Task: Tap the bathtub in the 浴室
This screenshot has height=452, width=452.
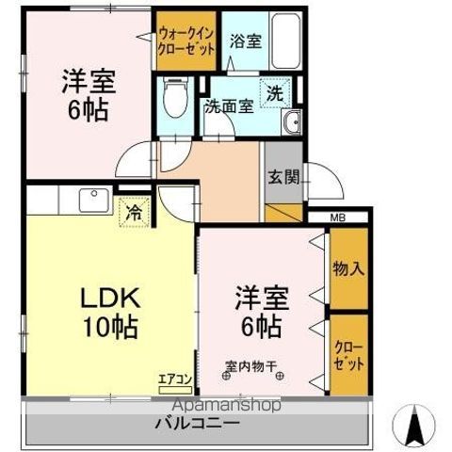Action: (280, 42)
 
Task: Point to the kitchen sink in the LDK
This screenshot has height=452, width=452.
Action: (93, 201)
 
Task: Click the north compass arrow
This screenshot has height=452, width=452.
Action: (412, 425)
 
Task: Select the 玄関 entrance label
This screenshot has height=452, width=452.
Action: (280, 175)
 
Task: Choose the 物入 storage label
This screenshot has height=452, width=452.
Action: (348, 267)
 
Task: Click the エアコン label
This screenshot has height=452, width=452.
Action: (175, 379)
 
